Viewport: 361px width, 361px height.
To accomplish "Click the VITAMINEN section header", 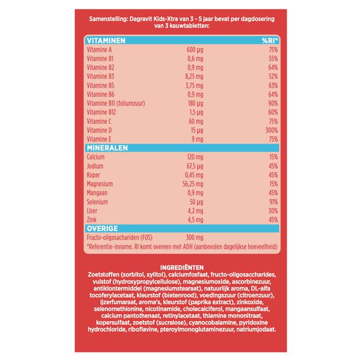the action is click(106, 41).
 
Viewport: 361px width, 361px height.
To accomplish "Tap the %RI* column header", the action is click(270, 41).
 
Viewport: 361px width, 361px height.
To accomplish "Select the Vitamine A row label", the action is click(99, 49).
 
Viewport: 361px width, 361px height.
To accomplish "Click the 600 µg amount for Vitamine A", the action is click(195, 49).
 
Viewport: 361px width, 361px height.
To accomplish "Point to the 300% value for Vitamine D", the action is click(272, 131).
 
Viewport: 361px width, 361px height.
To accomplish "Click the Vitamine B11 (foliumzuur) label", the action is click(116, 103).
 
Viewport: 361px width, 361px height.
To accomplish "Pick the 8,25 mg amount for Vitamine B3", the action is click(194, 77).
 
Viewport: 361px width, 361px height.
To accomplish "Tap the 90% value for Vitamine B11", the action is click(273, 103).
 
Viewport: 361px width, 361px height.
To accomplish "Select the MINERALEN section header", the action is click(107, 148).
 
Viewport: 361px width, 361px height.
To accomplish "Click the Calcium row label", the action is click(96, 157).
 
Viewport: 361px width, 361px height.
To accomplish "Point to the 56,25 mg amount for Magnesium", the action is click(193, 184).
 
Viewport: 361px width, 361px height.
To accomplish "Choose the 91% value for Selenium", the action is click(273, 202).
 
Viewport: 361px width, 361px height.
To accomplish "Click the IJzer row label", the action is click(92, 211).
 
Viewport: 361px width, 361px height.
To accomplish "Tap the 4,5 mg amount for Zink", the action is click(195, 219).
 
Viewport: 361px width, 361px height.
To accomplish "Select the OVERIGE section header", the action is click(102, 228).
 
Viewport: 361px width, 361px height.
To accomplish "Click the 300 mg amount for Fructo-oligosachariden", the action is click(194, 237).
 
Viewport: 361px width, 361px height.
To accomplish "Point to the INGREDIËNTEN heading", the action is click(182, 268).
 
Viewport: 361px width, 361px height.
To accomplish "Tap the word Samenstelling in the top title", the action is click(108, 19).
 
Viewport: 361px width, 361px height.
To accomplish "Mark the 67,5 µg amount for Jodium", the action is click(195, 166).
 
